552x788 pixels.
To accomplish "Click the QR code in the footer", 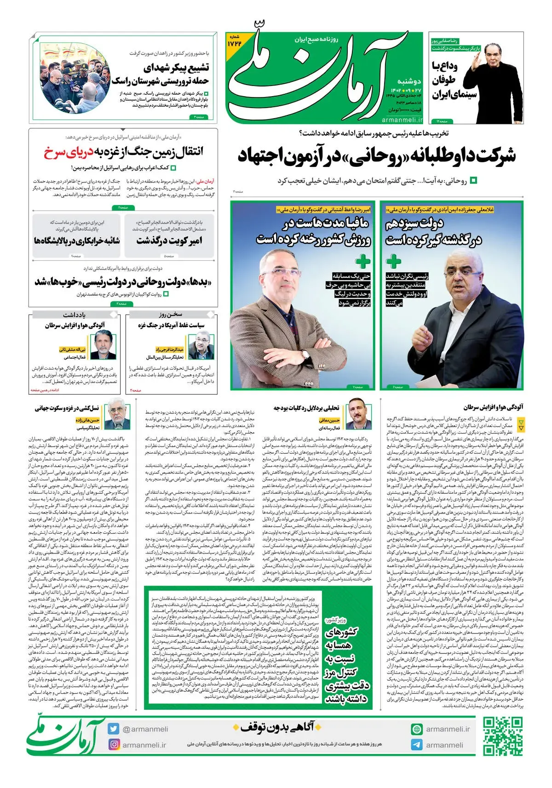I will (x=502, y=736).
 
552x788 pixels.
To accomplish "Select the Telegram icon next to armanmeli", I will (x=417, y=745).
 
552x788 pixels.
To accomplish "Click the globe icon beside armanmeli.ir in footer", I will (x=417, y=729).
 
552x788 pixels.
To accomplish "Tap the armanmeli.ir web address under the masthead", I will (x=401, y=120).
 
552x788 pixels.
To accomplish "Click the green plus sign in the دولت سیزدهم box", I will (x=393, y=261).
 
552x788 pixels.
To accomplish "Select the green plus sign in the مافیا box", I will (x=362, y=261).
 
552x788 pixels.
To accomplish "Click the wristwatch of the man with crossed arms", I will (x=305, y=354).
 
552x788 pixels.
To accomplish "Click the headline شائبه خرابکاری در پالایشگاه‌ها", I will (x=76, y=241).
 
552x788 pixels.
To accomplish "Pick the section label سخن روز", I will (x=171, y=314).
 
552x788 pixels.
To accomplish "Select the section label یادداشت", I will (x=74, y=314).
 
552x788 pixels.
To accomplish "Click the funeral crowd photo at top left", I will (x=75, y=78).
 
